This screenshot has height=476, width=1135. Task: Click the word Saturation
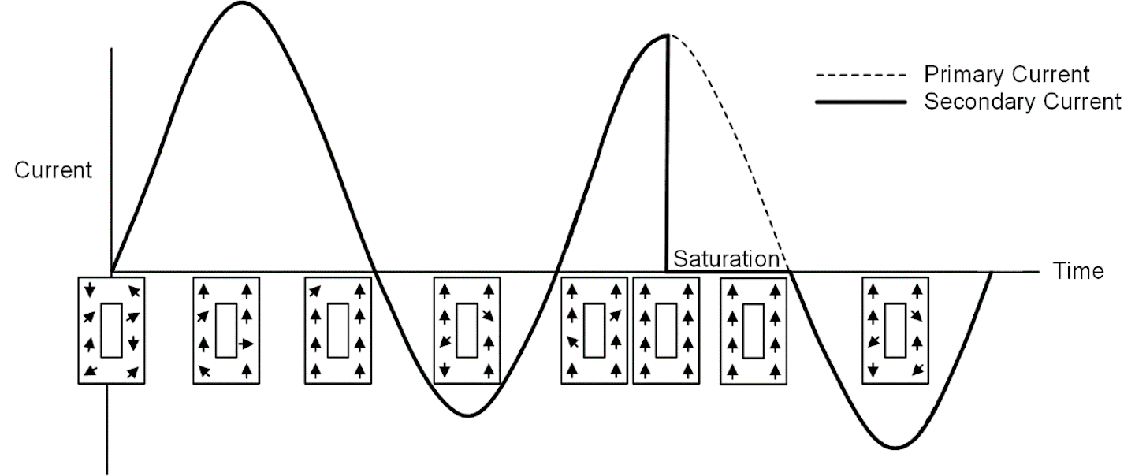[x=726, y=258]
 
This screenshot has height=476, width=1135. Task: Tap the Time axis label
[x=1078, y=271]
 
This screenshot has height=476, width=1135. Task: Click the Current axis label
[x=54, y=169]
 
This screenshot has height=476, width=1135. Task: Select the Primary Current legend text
[x=1007, y=74]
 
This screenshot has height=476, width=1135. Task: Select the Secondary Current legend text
[x=1022, y=102]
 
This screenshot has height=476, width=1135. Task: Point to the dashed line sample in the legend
[x=861, y=76]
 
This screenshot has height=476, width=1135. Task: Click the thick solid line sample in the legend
[x=861, y=102]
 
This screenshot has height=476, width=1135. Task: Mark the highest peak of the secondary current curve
[x=242, y=3]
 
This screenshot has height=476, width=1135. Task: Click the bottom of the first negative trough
[x=468, y=416]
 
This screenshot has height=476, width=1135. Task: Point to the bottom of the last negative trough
[x=895, y=448]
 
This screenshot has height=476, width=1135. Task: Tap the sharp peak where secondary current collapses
[x=668, y=35]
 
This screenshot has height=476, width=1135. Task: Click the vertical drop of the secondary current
[x=667, y=154]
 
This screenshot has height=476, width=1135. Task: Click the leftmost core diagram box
[x=111, y=330]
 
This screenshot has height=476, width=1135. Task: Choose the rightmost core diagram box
[x=895, y=330]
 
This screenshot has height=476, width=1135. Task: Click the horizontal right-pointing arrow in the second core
[x=246, y=344]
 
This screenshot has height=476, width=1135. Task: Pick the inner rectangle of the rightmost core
[x=895, y=330]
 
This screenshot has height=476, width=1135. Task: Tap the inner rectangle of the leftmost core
[x=111, y=330]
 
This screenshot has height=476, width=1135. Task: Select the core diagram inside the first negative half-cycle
[x=467, y=330]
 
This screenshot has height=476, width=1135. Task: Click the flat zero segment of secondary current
[x=728, y=272]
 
